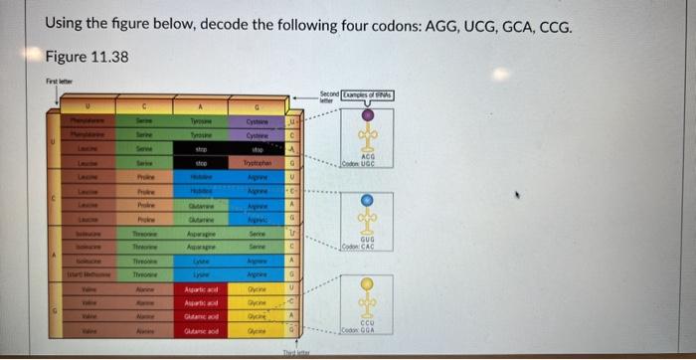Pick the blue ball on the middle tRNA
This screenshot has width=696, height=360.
pos(367,199)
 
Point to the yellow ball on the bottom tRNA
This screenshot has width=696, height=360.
pos(367,283)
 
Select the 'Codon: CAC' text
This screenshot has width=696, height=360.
pos(367,246)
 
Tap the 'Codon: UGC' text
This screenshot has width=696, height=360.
pos(367,164)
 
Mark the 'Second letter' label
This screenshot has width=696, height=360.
pos(329,95)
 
